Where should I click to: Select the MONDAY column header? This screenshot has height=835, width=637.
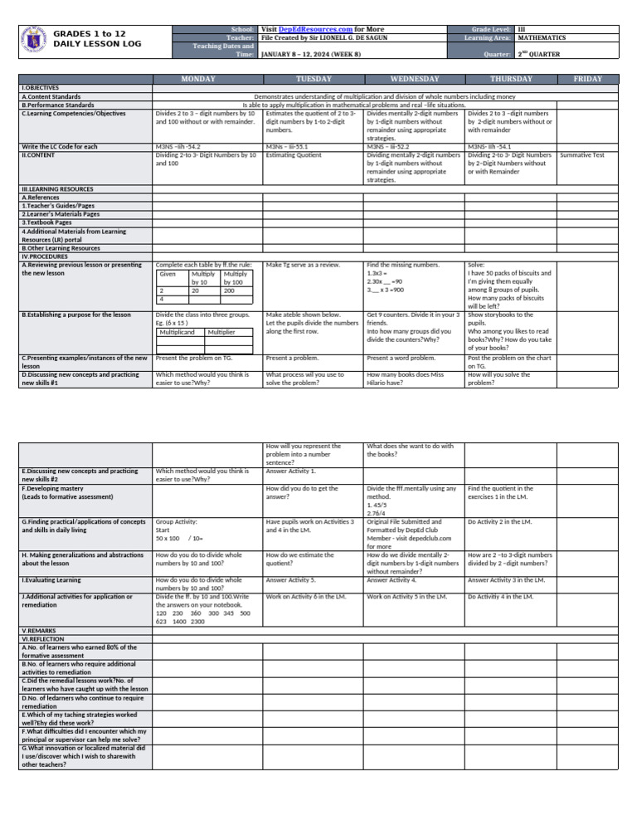(x=199, y=79)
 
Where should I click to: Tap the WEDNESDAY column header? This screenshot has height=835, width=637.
(x=414, y=79)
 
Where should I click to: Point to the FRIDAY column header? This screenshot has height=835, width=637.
(x=588, y=79)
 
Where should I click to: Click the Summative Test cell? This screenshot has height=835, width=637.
(x=581, y=155)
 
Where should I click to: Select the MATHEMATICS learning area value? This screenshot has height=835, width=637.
(x=541, y=37)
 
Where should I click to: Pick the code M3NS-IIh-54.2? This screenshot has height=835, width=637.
(x=178, y=147)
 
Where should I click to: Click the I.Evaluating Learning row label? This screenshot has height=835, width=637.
(x=51, y=580)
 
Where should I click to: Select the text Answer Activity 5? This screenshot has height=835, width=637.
(x=290, y=580)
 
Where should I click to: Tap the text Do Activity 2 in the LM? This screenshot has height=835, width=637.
(x=498, y=522)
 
